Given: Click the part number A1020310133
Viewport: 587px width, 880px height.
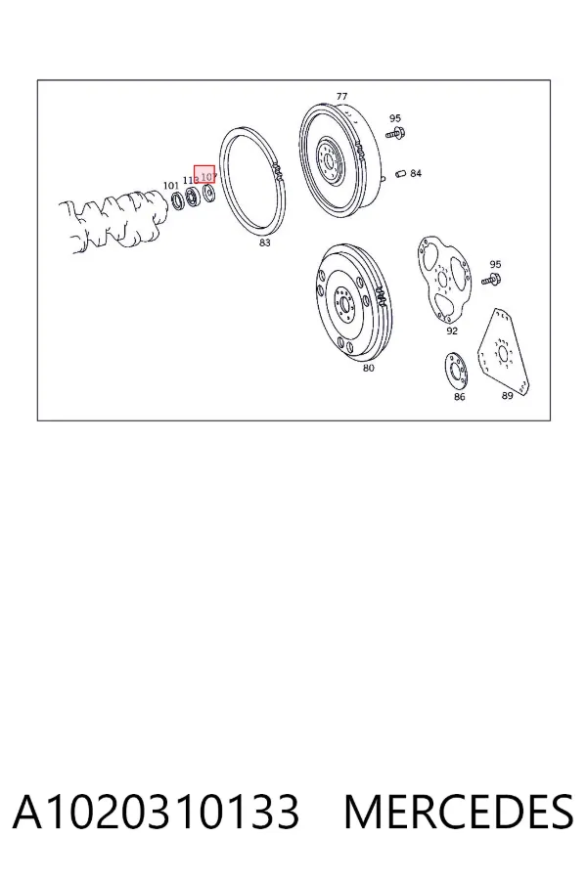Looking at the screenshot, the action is (156, 812).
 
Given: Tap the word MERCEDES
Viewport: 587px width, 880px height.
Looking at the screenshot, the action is (459, 812).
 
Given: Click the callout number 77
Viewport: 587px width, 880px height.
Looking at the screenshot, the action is (341, 97).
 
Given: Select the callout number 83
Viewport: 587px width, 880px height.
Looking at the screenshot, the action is (264, 242).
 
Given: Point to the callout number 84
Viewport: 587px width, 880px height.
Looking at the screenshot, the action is (416, 173).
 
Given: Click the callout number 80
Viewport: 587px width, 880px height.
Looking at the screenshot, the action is (368, 369).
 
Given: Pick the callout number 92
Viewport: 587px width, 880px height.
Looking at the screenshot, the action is (452, 331).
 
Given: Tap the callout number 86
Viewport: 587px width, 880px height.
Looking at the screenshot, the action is (460, 397).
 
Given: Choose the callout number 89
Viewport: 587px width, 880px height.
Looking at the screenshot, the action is (507, 396).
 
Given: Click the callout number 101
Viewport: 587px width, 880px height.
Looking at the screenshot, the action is (171, 186).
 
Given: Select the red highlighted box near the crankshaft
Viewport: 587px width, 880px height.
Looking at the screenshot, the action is (204, 174).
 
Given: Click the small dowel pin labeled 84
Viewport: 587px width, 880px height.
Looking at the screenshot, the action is (400, 173).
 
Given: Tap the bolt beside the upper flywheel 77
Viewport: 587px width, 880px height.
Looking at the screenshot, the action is (396, 134).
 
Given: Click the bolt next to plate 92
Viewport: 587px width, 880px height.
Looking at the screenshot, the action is (492, 279).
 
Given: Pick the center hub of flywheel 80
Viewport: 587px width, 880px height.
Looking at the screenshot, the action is (343, 304).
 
